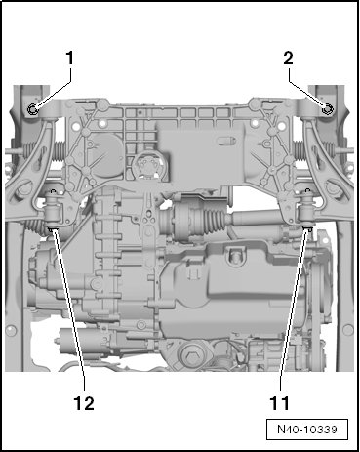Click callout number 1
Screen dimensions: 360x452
(x=70, y=59)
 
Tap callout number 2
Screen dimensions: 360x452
(x=289, y=59)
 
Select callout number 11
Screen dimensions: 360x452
(x=280, y=403)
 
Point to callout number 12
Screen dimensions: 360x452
(x=84, y=403)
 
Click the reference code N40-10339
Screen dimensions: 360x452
(x=307, y=430)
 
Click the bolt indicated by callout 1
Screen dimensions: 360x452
(x=33, y=110)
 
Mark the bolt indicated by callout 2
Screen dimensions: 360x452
(x=327, y=109)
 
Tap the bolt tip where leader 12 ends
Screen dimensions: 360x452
(x=52, y=229)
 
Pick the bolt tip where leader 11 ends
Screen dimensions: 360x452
(x=308, y=229)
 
